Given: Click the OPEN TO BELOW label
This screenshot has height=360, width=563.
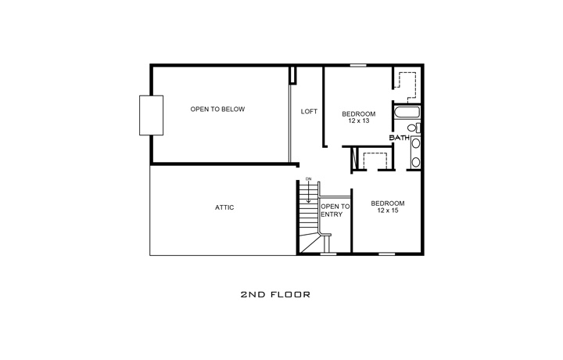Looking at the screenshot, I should pyautogui.click(x=217, y=109).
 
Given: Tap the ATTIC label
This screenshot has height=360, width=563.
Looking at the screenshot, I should pyautogui.click(x=224, y=207).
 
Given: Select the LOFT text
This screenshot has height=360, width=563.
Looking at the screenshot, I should pyautogui.click(x=309, y=111).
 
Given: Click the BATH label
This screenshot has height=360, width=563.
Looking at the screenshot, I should pyautogui.click(x=400, y=139).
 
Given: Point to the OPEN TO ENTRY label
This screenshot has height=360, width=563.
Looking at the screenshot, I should pyautogui.click(x=335, y=211).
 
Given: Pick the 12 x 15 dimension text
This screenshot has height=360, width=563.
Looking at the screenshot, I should pyautogui.click(x=387, y=211).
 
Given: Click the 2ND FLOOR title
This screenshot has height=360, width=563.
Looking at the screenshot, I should pyautogui.click(x=275, y=295).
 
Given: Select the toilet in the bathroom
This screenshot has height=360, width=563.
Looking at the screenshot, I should pyautogui.click(x=415, y=128).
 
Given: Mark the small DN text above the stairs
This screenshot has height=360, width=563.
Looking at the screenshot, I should pyautogui.click(x=309, y=180).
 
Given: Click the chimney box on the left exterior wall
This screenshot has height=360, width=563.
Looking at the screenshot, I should pyautogui.click(x=151, y=115).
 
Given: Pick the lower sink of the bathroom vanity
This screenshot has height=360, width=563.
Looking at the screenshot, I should pyautogui.click(x=416, y=162).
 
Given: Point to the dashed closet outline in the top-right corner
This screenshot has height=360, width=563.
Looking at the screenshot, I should pyautogui.click(x=407, y=85).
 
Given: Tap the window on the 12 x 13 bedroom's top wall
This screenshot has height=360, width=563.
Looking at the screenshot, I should pyautogui.click(x=359, y=66).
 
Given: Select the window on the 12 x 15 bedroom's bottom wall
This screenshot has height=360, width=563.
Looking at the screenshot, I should pyautogui.click(x=386, y=254).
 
